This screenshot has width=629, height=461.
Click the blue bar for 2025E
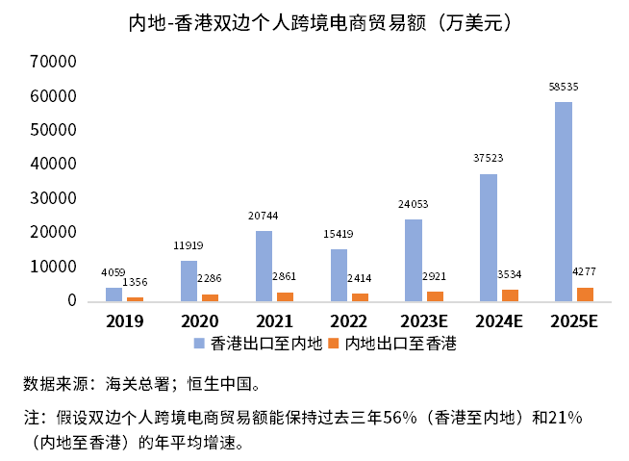tap(564, 202)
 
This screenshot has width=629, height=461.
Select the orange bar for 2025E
tap(585, 294)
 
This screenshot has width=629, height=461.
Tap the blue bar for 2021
tap(264, 266)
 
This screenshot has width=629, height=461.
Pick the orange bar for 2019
tap(135, 298)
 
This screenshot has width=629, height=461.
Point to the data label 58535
tap(564, 87)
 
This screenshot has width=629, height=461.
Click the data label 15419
tap(339, 234)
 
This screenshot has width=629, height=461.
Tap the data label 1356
tap(135, 281)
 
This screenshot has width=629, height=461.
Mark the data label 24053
tap(414, 204)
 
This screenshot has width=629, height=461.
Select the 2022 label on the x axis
tap(347, 320)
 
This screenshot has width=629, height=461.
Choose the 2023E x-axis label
tap(422, 320)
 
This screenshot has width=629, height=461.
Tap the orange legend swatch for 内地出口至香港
tap(335, 343)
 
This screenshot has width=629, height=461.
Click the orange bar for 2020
tap(210, 297)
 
